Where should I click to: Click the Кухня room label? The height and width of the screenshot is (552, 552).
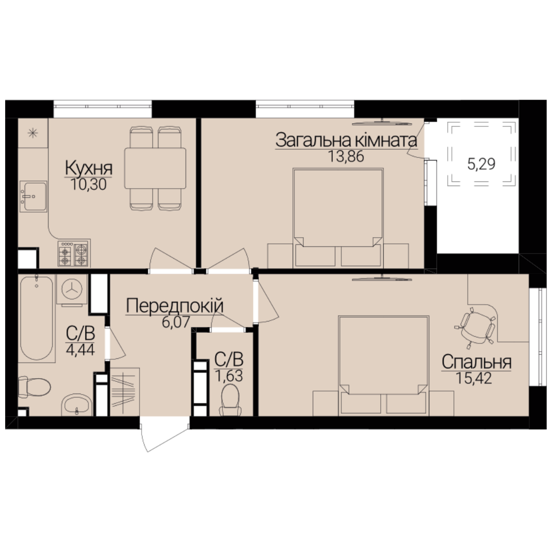pos(89,168)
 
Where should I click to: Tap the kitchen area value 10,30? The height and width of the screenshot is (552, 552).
pos(89,184)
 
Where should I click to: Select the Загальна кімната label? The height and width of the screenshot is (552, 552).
pos(346,140)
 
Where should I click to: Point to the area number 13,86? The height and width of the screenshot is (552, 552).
pos(346,156)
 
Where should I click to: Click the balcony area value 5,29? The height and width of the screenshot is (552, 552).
pos(481,164)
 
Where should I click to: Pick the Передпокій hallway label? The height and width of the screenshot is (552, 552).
pos(175,306)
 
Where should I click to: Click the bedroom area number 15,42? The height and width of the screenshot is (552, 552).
pos(473,378)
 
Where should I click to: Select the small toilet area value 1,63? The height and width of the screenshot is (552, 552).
pos(229,376)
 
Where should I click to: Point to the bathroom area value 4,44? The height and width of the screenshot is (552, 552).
pos(80,350)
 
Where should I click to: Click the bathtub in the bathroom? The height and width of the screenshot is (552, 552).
pos(37,318)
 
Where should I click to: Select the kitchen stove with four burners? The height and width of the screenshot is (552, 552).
pos(74,254)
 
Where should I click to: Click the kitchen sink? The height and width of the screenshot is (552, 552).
pos(33,196)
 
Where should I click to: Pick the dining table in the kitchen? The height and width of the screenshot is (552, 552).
pos(155,168)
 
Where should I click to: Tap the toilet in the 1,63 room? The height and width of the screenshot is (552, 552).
pos(231,400)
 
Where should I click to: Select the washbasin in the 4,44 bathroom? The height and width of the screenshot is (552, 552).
pos(77,405)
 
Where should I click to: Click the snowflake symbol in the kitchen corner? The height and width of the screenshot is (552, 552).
pos(33,133)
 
